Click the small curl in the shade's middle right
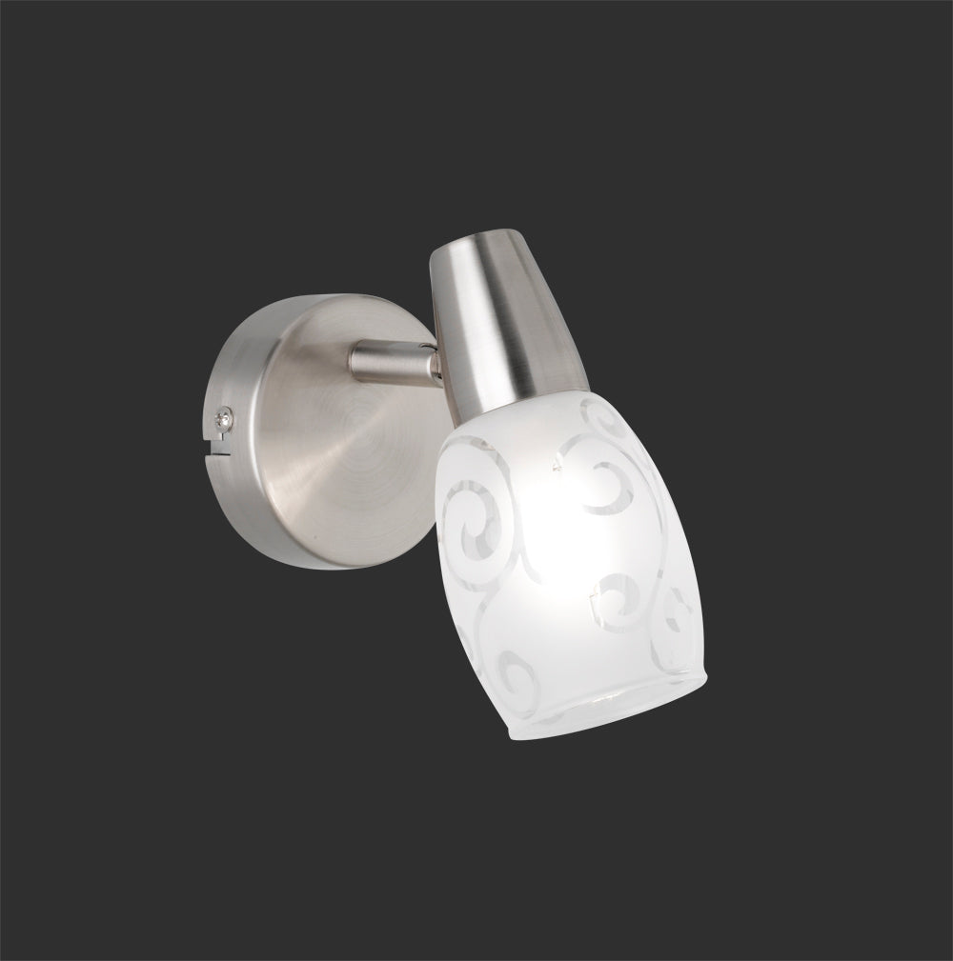610,595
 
